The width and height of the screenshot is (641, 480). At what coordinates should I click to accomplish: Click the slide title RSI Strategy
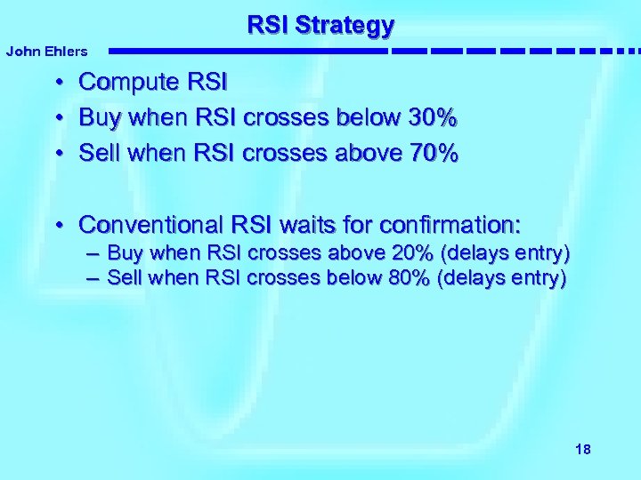(320, 25)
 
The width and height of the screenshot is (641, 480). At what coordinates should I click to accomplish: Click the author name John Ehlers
(46, 52)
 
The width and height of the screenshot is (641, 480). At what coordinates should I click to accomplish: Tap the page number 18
(583, 449)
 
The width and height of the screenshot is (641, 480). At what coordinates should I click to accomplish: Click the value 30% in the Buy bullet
(432, 118)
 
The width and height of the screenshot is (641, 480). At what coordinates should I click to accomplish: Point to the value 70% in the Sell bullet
(432, 154)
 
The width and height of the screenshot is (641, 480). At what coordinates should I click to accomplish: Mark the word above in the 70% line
(368, 154)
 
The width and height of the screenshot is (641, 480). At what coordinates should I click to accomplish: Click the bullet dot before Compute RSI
(56, 84)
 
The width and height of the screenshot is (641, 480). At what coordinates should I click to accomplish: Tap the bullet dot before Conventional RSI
(56, 223)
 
